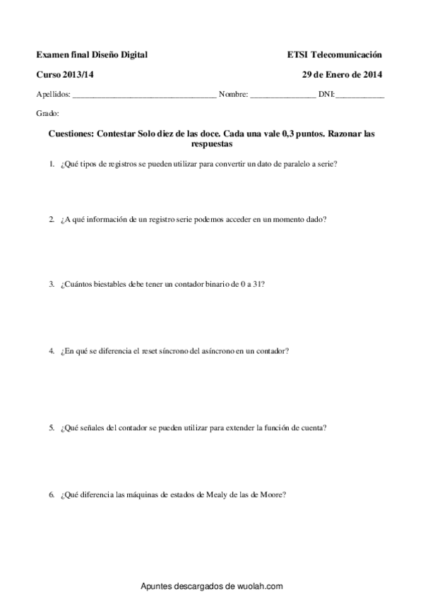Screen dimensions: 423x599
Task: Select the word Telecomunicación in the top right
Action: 346,54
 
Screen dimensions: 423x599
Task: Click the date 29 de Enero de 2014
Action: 342,74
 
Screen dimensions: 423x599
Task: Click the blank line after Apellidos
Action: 144,95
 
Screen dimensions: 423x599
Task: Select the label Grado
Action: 47,113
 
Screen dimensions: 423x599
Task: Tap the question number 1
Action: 52,165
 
